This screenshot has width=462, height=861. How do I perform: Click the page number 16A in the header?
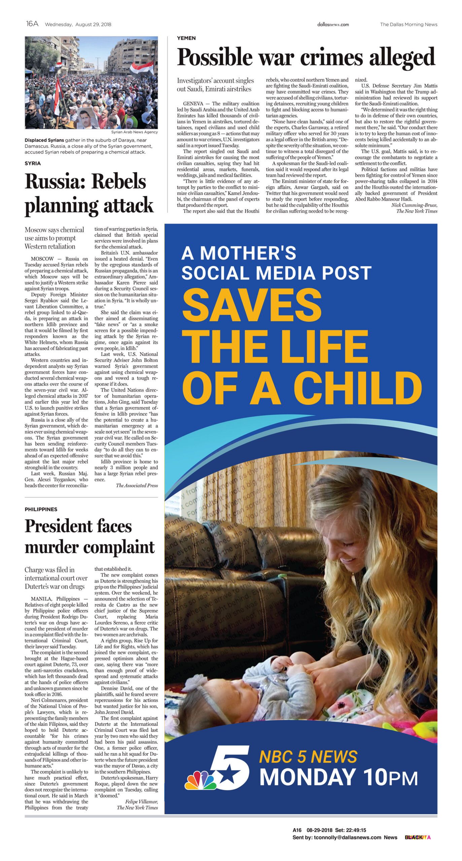point(32,24)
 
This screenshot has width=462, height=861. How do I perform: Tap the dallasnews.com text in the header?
point(333,24)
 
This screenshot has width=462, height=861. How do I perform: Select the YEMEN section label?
point(186,38)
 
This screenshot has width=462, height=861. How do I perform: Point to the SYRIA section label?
point(33,163)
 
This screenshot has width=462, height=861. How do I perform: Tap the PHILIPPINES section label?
point(41,509)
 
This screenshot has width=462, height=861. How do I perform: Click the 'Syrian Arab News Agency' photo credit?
point(135,132)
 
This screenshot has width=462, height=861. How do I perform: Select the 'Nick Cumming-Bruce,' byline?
point(414,205)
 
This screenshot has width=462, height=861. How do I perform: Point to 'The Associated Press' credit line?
point(137,485)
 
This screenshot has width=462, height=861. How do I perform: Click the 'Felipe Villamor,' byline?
point(141,801)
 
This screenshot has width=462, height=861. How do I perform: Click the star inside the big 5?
point(227,775)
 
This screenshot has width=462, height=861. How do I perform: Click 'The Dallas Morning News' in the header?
point(408,24)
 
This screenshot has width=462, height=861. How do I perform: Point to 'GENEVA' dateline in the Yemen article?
point(193,104)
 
